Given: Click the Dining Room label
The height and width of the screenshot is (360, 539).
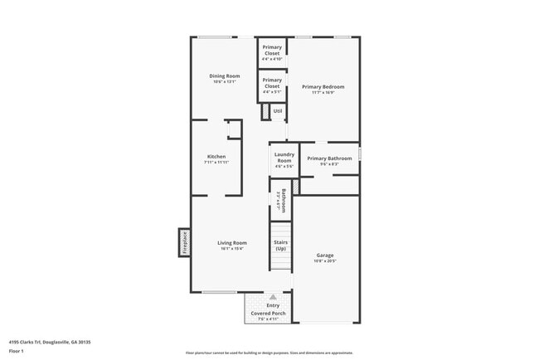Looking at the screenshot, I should [x=224, y=76].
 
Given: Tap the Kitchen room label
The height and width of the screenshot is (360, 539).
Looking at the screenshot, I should [x=216, y=157].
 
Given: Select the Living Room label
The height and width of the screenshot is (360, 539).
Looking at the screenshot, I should [x=232, y=243].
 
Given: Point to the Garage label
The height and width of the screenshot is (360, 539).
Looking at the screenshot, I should [x=325, y=255].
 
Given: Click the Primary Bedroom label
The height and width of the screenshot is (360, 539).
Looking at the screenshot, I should [x=323, y=86].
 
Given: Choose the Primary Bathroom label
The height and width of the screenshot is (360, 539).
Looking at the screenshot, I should [x=329, y=158].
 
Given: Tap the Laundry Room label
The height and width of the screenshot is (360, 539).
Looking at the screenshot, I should [x=284, y=158].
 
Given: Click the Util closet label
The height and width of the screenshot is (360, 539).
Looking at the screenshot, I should [x=278, y=110].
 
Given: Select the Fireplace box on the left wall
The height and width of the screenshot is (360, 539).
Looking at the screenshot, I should [x=184, y=242].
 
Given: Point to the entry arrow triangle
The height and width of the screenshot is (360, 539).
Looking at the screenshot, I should [x=272, y=296].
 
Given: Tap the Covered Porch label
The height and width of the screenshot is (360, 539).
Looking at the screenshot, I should [x=269, y=313].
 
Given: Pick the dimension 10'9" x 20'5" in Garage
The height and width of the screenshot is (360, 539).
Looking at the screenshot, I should [x=325, y=261].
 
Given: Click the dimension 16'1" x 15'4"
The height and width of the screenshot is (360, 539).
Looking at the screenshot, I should [x=232, y=250].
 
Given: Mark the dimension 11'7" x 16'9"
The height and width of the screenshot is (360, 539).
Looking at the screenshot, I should [x=323, y=93].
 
